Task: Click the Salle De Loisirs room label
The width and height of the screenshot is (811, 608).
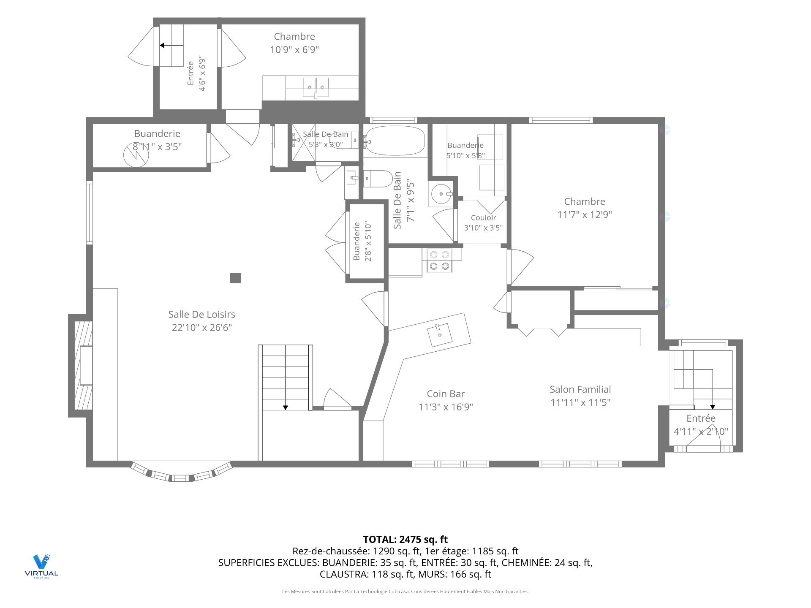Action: point(201,314)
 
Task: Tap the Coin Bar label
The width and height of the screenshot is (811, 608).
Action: point(446,394)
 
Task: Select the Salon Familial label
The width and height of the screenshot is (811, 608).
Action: point(580,389)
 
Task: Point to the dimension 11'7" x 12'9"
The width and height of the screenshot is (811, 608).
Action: point(585,214)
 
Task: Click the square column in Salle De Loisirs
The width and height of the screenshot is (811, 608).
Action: point(235,278)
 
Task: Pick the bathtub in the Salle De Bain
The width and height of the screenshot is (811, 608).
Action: point(395,141)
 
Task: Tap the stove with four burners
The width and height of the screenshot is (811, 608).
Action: point(439,260)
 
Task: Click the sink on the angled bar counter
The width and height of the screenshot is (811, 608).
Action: point(440,335)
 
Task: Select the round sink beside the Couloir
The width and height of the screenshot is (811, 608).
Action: point(442,194)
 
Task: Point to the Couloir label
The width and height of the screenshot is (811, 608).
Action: point(483,218)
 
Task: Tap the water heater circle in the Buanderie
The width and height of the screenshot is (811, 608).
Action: point(136,155)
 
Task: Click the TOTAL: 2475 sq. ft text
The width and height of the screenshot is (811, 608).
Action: point(405,540)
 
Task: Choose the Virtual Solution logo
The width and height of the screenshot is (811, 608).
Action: point(41,566)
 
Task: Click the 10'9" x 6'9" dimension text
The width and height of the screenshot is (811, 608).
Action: point(294,50)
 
